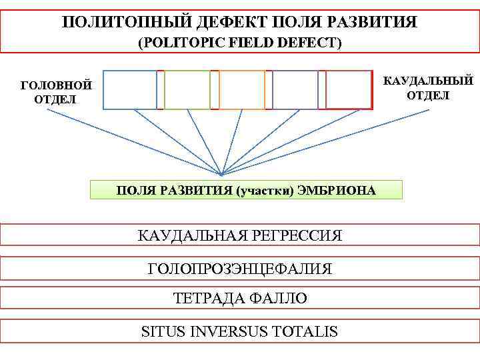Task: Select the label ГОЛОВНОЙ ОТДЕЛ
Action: (56, 92)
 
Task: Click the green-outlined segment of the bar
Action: (187, 89)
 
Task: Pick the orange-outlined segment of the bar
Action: (241, 89)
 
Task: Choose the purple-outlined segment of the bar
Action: (295, 89)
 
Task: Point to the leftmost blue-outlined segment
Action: (131, 89)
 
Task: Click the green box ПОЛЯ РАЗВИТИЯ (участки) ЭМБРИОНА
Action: (246, 191)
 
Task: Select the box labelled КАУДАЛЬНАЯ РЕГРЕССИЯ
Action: (240, 235)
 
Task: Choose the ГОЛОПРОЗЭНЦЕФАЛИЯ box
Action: (240, 269)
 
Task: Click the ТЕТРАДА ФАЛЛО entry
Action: (240, 299)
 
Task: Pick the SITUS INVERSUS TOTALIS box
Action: (240, 331)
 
